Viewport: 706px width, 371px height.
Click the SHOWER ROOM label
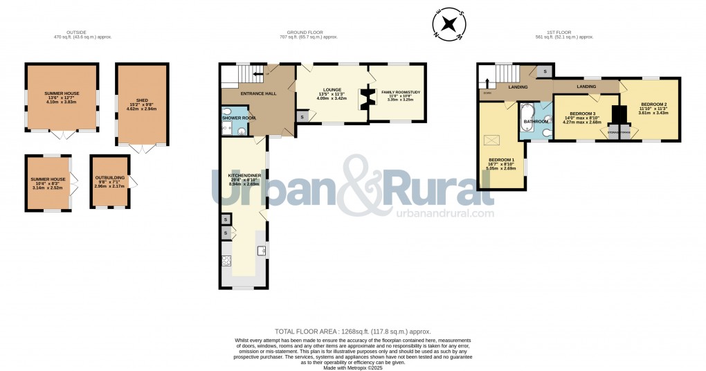click(239, 118)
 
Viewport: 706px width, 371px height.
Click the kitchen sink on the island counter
click(262, 251)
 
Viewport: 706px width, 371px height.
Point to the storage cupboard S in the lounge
click(302, 117)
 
